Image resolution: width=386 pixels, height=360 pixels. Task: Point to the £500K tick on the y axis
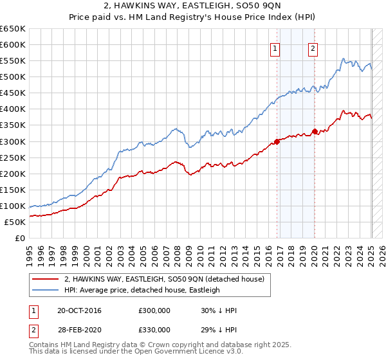12,76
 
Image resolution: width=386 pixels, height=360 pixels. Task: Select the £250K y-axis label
12,157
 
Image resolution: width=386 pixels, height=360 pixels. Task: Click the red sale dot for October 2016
277,141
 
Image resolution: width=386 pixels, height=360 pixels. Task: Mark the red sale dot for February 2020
315,132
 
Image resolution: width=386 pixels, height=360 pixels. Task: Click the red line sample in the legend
45,280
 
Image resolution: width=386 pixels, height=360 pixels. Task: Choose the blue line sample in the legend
45,290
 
